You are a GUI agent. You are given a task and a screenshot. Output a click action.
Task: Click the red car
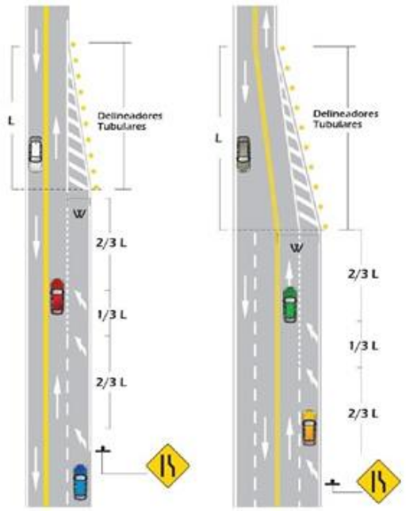pos(57,296)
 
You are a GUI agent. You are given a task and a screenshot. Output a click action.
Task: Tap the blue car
pos(80,482)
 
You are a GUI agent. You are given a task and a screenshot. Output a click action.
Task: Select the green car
pos(290,304)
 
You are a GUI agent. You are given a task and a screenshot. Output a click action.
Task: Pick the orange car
pos(309,427)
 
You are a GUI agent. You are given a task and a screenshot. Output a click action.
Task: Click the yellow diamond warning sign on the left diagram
pos(167,466)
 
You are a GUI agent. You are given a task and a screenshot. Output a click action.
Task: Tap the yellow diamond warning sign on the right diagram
pos(379,482)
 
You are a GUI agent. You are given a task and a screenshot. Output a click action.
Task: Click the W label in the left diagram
pos(80,214)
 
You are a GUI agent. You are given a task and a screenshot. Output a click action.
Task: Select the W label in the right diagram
pos(296,248)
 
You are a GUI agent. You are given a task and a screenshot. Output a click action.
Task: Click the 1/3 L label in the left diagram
pos(112,315)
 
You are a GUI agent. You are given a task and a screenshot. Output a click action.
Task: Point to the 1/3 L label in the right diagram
pos(363,345)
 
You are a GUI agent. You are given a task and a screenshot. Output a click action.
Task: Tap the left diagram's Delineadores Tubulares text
pos(130,121)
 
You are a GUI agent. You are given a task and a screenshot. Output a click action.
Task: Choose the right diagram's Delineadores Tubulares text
pos(346,119)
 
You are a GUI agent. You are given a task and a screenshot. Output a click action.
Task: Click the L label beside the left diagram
pos(11,121)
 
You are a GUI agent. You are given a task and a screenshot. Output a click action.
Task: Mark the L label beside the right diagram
pos(219,139)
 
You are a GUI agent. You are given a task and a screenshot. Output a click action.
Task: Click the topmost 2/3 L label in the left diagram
pos(111,243)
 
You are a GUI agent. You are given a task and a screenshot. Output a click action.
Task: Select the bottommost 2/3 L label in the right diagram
pos(363,414)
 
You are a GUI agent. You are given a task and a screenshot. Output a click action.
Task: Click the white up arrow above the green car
pos(289,272)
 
